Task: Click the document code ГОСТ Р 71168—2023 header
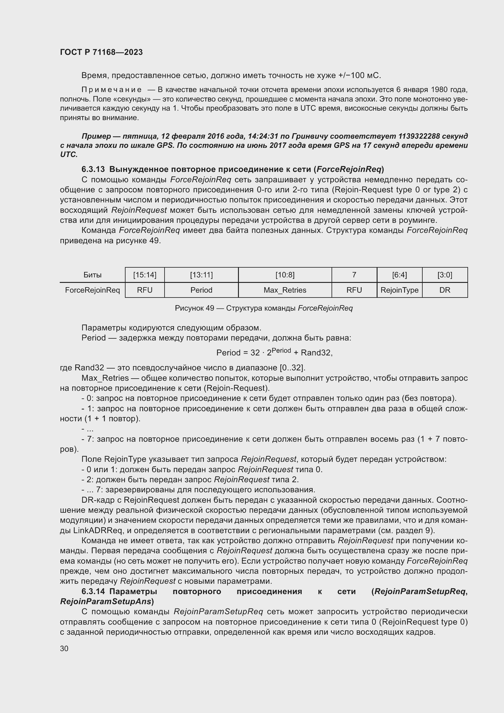coord(101,52)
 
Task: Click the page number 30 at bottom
coord(64,648)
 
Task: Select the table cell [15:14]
coord(145,275)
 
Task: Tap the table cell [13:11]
coord(201,275)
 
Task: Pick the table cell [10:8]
coord(285,275)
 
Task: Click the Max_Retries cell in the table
coord(285,290)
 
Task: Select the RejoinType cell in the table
coord(399,290)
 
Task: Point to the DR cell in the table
coord(445,290)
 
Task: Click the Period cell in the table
coord(201,290)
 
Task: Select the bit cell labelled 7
coord(354,275)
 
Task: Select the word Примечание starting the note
coord(112,90)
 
